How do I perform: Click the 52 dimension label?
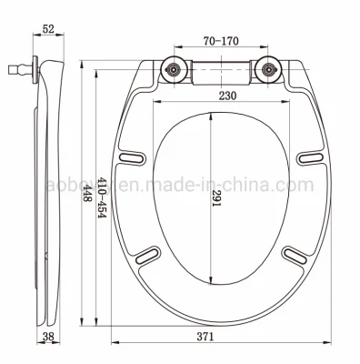pos(48,29)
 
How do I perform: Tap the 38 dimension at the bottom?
pos(48,336)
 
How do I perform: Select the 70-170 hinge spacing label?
pos(221,41)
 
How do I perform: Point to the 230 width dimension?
pos(227,96)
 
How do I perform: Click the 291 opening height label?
pos(216,198)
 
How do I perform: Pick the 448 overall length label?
pos(87,194)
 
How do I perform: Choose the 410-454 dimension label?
pos(102,197)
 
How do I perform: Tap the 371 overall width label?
pos(205,337)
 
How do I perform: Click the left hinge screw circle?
pos(174,69)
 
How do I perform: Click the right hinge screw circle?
pos(267,69)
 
